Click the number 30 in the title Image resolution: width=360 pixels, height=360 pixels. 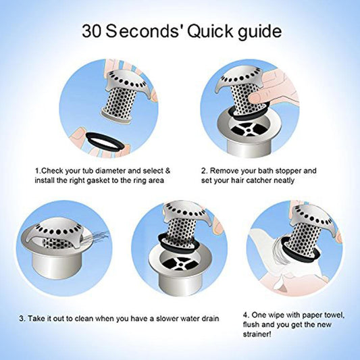tap(91, 31)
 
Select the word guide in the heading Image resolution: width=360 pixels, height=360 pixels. tap(259, 32)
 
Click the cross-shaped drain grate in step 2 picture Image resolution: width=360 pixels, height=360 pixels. tap(249, 130)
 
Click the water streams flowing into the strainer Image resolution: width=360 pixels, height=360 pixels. tap(97, 236)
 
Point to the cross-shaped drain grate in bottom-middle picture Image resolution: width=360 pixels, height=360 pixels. tap(180, 264)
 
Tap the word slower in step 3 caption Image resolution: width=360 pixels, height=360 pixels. tap(168, 319)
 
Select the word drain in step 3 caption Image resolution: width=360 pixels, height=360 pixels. tap(210, 319)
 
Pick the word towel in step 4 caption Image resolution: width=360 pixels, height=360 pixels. tap(334, 315)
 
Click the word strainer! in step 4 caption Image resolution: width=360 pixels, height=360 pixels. tap(257, 334)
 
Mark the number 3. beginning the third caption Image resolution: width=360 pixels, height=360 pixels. tap(22, 319)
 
